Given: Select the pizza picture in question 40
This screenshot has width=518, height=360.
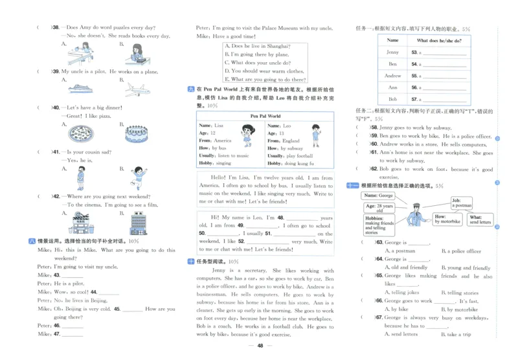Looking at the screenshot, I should pos(80,133).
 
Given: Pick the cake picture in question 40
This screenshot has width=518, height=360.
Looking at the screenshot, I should pos(136,133).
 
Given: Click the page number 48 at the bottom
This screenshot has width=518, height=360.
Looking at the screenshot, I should pos(260,346).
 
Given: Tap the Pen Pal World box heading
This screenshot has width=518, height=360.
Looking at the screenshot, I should pos(265,117).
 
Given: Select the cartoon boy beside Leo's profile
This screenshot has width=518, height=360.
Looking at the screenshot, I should pos(315,137).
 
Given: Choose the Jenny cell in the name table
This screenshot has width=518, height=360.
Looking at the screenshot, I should pos(392,52).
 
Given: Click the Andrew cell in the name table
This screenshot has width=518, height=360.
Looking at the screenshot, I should pos(392,76).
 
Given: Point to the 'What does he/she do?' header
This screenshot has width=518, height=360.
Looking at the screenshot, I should pos(439,40).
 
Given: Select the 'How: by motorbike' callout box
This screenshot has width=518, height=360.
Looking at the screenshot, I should pos(446,219).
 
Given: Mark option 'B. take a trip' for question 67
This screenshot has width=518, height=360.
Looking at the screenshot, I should pos(457,334).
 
